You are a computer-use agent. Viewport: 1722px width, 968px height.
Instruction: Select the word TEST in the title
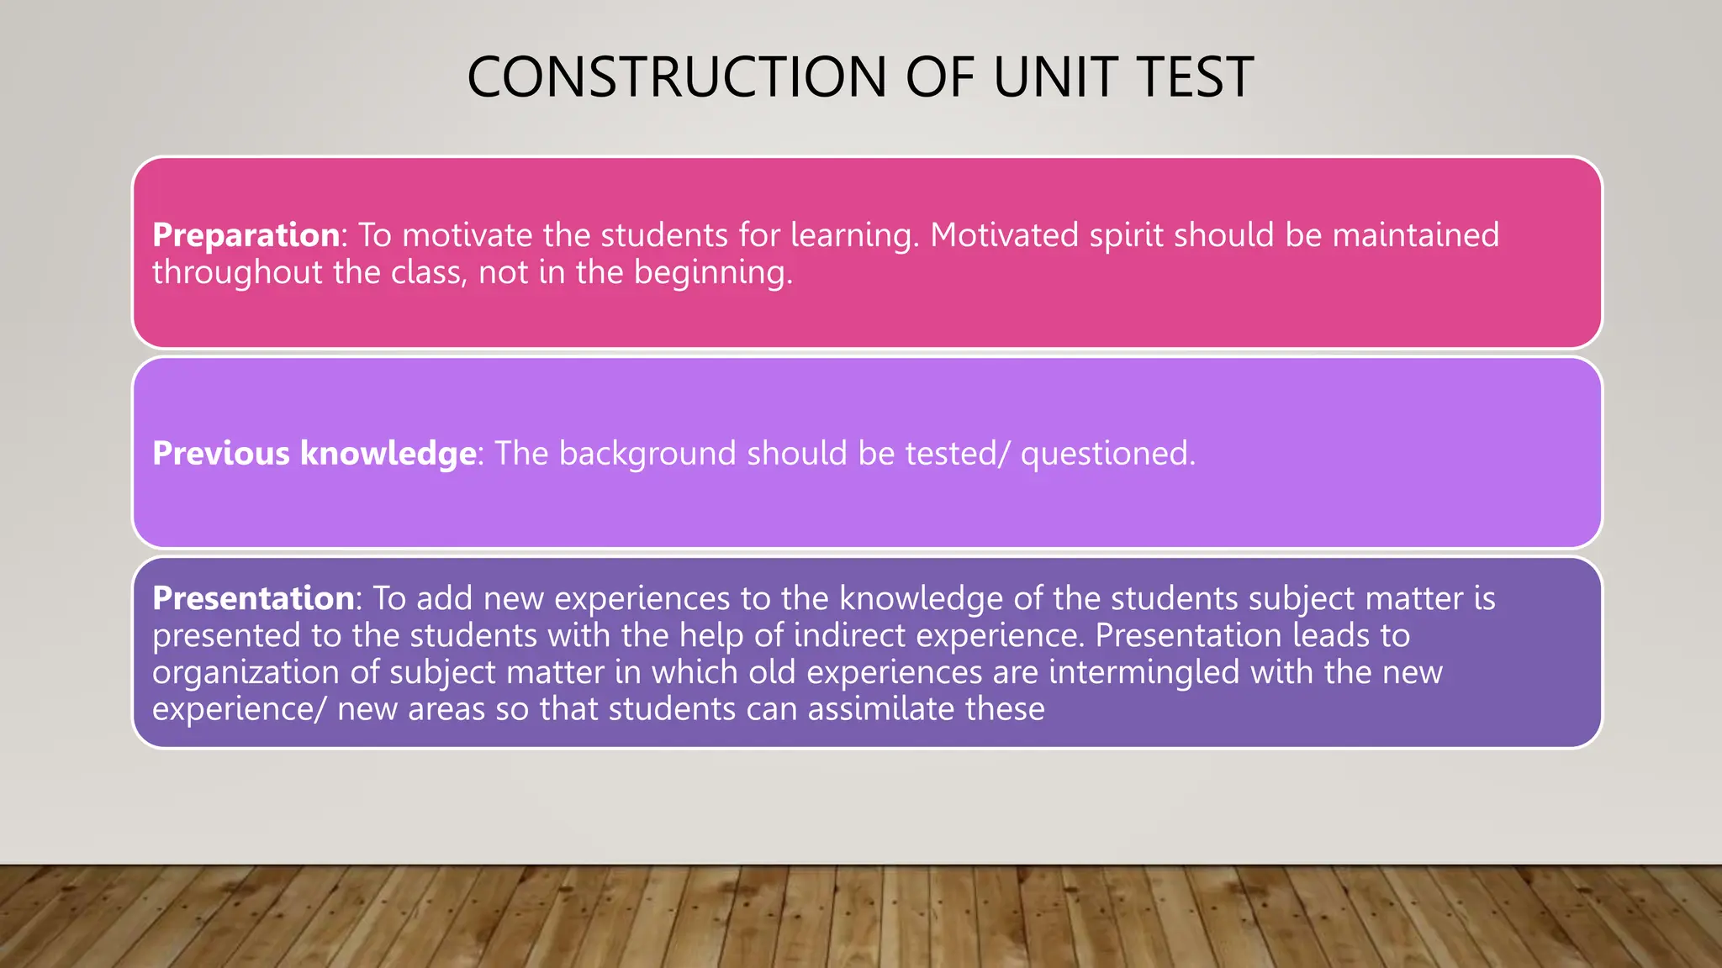tap(1195, 77)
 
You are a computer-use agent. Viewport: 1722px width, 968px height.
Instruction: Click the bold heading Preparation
tap(246, 235)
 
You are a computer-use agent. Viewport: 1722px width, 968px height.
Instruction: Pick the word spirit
tap(1126, 235)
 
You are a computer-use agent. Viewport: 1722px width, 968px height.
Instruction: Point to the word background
tap(647, 455)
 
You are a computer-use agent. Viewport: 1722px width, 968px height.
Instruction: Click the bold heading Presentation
tap(253, 598)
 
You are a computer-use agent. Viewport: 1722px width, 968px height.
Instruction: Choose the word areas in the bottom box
tap(446, 709)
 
